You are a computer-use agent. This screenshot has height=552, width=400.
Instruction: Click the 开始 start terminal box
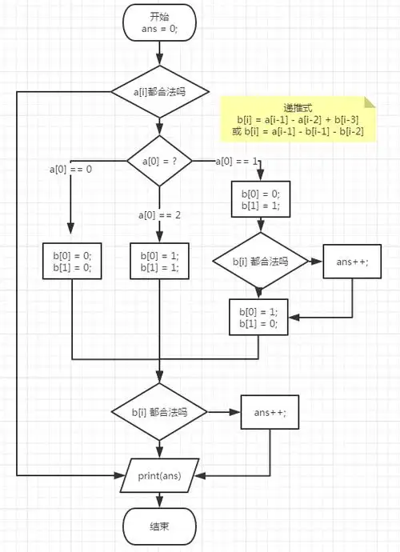159,22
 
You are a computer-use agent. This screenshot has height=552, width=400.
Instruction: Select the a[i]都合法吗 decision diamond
159,92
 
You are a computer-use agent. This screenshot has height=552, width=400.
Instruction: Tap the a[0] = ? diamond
159,161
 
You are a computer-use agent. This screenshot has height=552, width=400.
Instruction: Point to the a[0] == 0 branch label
70,169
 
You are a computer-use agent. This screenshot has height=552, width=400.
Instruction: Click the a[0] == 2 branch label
159,215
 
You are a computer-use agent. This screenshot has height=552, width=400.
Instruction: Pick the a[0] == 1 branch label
237,162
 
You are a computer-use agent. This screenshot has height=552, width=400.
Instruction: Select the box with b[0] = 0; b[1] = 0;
72,261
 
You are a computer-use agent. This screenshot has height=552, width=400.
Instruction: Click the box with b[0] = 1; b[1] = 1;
159,261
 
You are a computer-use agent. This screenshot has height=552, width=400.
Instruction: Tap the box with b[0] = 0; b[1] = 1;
260,199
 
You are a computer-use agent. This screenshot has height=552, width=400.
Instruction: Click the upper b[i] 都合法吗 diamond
260,262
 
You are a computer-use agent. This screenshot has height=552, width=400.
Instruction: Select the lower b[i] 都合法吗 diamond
159,412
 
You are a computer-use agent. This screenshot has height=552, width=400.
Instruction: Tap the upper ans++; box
351,262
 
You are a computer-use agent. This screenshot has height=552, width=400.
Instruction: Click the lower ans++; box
270,412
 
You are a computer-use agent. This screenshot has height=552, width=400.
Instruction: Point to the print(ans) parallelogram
159,476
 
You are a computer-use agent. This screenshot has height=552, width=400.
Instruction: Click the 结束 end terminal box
159,526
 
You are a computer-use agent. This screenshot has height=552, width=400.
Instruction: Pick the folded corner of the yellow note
370,102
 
